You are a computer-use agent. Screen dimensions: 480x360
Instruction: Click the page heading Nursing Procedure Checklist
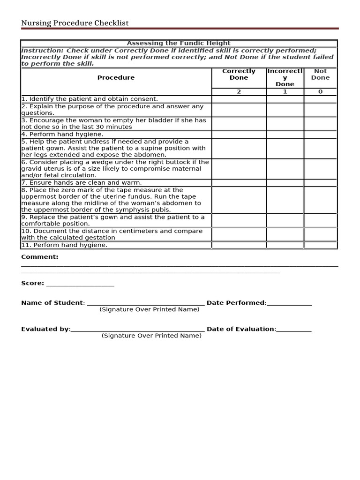[75, 23]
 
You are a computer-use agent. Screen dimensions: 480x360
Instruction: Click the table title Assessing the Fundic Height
[179, 43]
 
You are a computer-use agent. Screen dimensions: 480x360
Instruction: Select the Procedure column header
[116, 78]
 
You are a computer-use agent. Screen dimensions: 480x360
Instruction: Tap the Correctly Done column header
[239, 75]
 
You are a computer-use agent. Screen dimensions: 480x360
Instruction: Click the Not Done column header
[320, 75]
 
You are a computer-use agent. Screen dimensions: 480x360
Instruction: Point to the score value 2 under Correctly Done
[239, 92]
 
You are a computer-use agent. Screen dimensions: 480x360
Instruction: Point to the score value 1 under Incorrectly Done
[285, 92]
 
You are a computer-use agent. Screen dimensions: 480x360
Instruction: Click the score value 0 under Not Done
[320, 92]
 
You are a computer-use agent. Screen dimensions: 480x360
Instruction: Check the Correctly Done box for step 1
[239, 99]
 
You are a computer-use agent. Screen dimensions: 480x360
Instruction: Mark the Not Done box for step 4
[320, 134]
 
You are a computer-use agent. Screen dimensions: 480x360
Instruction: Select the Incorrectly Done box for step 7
[285, 183]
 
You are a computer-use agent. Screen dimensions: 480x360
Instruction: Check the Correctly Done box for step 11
[239, 245]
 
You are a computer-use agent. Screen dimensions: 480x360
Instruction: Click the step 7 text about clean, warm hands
[82, 183]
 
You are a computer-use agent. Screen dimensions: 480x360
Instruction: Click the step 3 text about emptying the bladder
[113, 123]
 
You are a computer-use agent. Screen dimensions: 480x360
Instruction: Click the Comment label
[40, 257]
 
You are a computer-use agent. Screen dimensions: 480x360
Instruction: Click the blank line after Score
[80, 284]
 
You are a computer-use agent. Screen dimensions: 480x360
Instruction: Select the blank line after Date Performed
[289, 304]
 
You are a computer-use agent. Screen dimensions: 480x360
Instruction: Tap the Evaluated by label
[45, 329]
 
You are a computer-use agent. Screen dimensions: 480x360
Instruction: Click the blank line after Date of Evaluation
[294, 330]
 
